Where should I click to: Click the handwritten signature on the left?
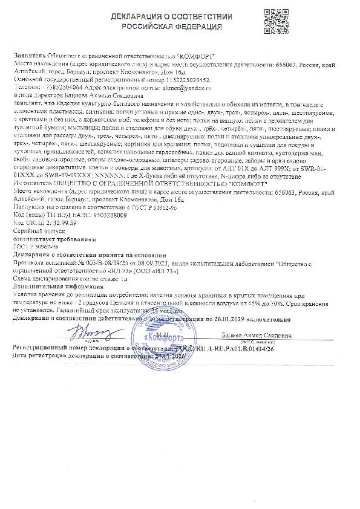79,333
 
